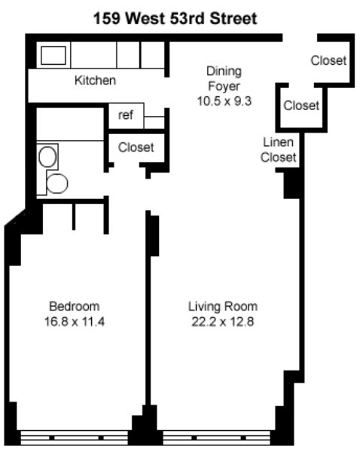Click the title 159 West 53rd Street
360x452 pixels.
pos(175,19)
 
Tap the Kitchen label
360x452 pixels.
pos(95,81)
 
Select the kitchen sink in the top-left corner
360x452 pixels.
pos(54,55)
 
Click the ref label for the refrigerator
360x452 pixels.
pos(126,115)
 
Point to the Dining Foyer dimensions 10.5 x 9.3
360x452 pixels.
pos(224,101)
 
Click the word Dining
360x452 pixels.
pos(224,71)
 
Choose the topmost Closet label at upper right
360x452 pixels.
pos(328,60)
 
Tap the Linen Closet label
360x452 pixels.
pos(279,150)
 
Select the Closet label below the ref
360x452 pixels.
pos(136,147)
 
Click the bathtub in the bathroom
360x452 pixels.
pos(70,124)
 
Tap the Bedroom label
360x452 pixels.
pos(74,307)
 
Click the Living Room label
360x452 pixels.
pos(223,307)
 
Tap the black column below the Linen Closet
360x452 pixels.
pos(292,184)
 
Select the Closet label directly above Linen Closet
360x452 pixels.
pos(301,105)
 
